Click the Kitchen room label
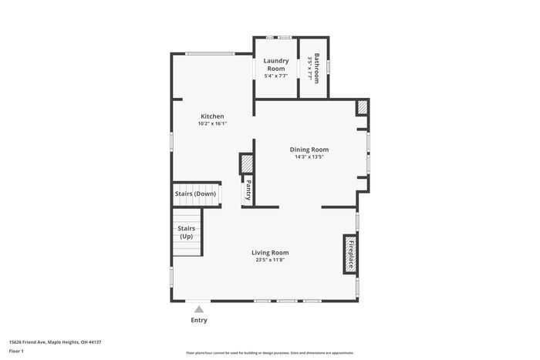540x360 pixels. click(212, 116)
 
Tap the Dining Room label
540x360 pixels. click(309, 150)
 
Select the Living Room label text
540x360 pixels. click(270, 252)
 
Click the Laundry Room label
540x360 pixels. click(276, 65)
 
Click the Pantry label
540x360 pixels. click(248, 190)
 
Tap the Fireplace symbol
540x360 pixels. click(349, 254)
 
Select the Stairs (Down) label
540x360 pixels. click(195, 193)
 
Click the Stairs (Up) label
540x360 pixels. click(186, 232)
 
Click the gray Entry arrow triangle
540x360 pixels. click(198, 308)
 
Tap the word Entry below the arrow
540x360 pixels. click(198, 320)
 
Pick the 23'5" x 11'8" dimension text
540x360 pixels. click(270, 260)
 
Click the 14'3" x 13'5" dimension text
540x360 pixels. click(309, 157)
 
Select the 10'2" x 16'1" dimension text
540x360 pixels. click(212, 123)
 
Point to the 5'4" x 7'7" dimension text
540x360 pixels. click(276, 76)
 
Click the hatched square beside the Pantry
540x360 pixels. click(247, 163)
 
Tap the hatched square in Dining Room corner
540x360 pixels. click(362, 108)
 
